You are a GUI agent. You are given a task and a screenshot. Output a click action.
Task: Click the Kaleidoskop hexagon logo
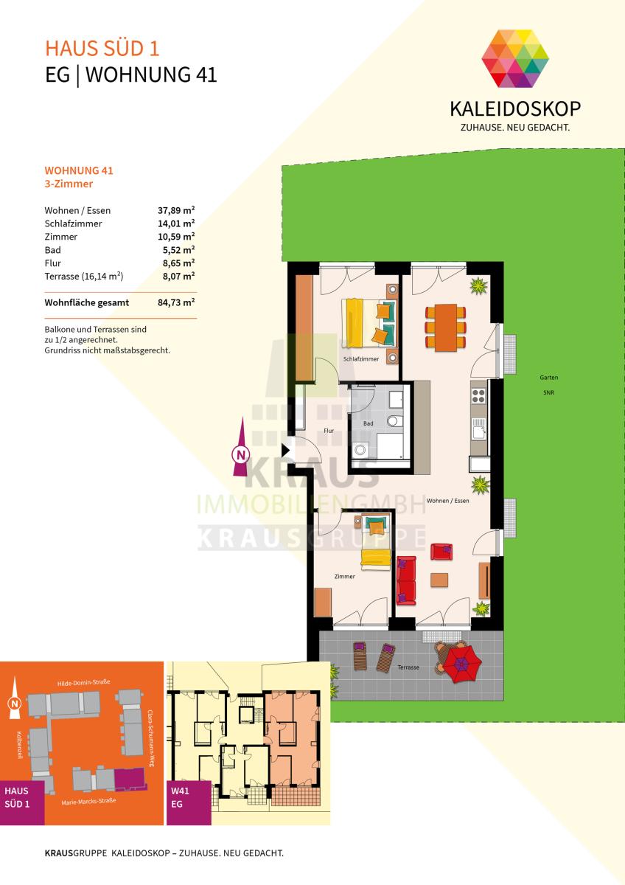(515, 58)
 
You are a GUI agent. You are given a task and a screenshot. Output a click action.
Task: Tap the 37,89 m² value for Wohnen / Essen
(176, 210)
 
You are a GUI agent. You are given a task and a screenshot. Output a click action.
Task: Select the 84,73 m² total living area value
(176, 302)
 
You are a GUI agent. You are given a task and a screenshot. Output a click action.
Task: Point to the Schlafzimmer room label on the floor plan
(361, 358)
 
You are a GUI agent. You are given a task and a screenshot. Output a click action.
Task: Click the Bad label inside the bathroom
(368, 423)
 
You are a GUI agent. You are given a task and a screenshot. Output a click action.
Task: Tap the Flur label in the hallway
(329, 431)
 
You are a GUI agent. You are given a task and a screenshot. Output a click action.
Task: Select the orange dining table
(446, 327)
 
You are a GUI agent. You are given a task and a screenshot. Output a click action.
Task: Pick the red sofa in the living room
(406, 580)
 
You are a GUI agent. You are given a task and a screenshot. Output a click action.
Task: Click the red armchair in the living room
(441, 552)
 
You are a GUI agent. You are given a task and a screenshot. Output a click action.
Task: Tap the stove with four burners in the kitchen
(478, 395)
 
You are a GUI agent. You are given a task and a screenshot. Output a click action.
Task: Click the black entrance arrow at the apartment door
(285, 450)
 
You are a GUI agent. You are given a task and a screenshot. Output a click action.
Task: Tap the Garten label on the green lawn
(549, 378)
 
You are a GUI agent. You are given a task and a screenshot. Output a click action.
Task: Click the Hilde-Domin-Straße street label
(84, 682)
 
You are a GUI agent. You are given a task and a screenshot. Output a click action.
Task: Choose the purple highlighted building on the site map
(130, 777)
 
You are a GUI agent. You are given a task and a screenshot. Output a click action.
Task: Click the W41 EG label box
(189, 802)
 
